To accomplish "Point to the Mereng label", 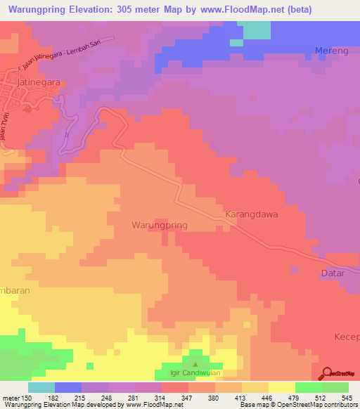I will click(x=330, y=51).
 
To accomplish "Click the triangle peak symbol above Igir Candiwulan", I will click(x=195, y=365).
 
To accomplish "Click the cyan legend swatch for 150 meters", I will click(x=41, y=387).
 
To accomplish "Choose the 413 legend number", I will click(x=233, y=397).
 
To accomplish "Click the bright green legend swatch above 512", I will click(x=309, y=387).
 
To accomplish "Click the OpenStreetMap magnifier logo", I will click(x=326, y=374).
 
